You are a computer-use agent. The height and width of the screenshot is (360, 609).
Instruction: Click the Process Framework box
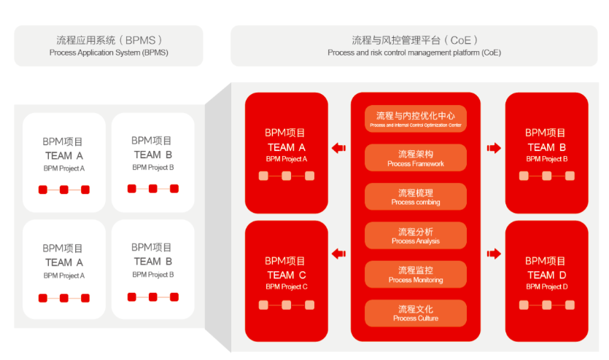[x=416, y=157]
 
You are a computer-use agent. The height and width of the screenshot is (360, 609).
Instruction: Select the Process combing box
[x=416, y=196]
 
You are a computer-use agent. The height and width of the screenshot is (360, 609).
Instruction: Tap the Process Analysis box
[x=416, y=235]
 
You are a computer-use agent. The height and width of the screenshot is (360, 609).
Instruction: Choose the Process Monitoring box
[x=416, y=274]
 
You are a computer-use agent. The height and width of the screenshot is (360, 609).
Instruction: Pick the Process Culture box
[x=416, y=313]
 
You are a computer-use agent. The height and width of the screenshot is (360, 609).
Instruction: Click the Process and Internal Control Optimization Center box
[x=416, y=119]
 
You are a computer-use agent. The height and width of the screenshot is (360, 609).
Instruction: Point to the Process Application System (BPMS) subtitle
[x=109, y=52]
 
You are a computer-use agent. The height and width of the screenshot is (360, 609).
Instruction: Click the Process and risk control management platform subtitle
[x=414, y=52]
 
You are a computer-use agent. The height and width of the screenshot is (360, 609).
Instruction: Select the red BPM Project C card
[x=287, y=281]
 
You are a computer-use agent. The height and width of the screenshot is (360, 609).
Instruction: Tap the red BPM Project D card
[x=547, y=281]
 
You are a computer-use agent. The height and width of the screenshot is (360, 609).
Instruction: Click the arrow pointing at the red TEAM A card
[x=338, y=148]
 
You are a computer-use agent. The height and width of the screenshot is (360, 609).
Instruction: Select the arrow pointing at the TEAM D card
[x=494, y=254]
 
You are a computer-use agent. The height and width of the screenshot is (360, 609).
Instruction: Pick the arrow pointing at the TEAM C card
[x=338, y=254]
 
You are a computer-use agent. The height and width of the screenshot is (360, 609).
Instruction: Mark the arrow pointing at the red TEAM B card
[x=494, y=148]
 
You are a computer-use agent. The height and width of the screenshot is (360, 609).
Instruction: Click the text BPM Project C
[x=287, y=286]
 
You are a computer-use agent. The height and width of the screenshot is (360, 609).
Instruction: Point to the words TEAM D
[x=547, y=275]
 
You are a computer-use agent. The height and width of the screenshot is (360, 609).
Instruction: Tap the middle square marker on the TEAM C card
[x=287, y=305]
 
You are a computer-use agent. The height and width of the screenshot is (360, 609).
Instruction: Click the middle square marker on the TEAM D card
[x=547, y=305]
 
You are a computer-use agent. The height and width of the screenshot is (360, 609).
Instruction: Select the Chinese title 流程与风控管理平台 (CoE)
[x=414, y=40]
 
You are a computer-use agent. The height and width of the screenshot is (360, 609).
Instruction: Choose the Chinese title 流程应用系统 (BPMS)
[x=109, y=40]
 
